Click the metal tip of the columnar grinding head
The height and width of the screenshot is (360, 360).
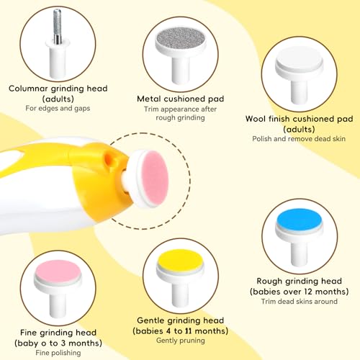click(57, 27)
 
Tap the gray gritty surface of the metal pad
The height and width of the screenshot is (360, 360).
click(181, 38)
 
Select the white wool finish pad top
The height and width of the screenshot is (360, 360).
click(299, 58)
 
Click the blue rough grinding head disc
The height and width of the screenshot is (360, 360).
click(299, 220)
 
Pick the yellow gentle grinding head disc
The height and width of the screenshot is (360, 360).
click(181, 260)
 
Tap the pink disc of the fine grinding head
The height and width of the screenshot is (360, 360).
click(58, 271)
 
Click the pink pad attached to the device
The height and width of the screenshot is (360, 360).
click(155, 178)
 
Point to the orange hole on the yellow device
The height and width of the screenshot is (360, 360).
click(109, 159)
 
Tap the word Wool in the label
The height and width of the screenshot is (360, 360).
click(256, 119)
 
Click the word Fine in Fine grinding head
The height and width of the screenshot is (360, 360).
click(28, 333)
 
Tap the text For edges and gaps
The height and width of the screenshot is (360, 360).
click(58, 109)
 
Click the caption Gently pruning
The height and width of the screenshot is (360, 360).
click(181, 341)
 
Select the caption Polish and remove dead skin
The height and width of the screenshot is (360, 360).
click(299, 139)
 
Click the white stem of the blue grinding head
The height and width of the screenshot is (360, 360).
click(299, 253)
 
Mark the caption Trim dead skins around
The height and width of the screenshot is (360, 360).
click(300, 302)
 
